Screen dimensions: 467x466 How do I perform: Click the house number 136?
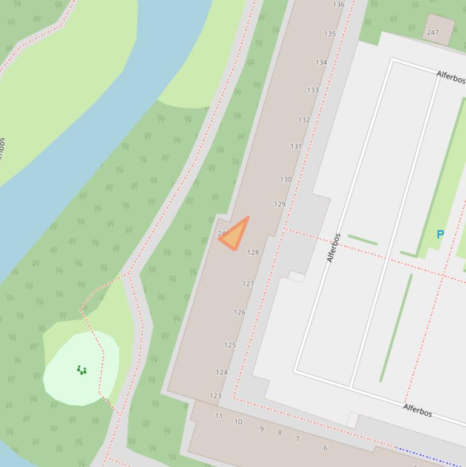click(339, 5)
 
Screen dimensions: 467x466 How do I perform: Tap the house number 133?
click(313, 90)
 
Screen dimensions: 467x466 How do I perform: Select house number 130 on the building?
click(286, 180)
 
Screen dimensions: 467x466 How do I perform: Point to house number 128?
click(253, 252)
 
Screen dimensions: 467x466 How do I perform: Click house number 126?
click(239, 312)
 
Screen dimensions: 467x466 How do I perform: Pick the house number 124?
click(222, 372)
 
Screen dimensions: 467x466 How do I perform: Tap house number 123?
click(215, 395)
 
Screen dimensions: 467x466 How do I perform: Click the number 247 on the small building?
click(433, 33)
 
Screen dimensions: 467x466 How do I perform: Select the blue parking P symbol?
click(441, 235)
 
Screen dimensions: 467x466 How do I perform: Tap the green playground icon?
click(82, 369)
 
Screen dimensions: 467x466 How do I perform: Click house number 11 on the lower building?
click(219, 416)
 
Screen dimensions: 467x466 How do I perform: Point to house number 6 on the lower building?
click(325, 448)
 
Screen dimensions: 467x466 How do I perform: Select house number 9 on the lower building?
click(262, 429)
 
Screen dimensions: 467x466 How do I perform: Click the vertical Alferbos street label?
click(333, 247)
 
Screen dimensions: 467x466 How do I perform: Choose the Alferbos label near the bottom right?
click(418, 410)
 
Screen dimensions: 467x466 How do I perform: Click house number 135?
click(330, 34)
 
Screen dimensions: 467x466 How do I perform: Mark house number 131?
click(296, 146)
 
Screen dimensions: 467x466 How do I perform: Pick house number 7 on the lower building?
click(297, 439)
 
